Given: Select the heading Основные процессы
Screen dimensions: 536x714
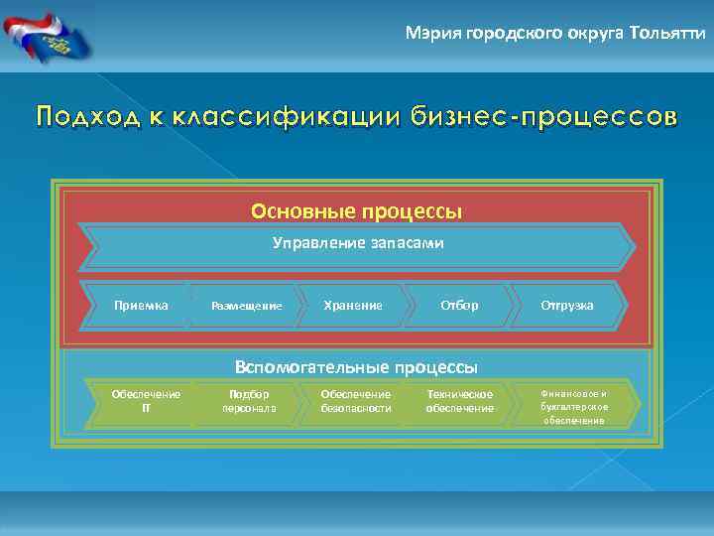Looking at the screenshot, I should coord(356,211).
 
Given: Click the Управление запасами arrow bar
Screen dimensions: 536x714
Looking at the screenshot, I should coord(357,244).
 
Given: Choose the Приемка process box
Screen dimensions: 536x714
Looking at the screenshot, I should coord(140,305).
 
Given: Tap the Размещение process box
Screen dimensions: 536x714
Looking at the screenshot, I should coord(248,306).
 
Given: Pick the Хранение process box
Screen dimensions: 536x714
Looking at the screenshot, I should coord(353,305).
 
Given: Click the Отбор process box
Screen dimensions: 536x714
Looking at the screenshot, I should coord(459,305).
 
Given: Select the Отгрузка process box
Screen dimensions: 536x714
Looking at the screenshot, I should coord(567,305).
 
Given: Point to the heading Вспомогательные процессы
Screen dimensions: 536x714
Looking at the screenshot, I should coord(356,365).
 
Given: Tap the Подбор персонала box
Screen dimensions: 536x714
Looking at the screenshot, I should coord(249,401).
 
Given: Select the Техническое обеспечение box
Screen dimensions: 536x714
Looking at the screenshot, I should coord(460,401).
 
